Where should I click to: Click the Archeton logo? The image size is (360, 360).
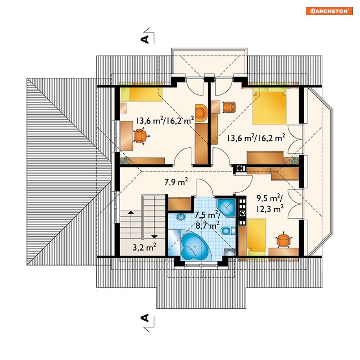click(x=329, y=11)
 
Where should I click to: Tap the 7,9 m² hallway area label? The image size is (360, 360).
click(x=176, y=182)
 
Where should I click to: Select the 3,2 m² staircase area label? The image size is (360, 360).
click(x=144, y=247)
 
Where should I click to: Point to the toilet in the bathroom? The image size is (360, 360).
click(x=228, y=230)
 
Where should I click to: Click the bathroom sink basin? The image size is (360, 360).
click(x=181, y=216)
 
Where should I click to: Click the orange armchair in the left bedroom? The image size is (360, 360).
click(x=201, y=113)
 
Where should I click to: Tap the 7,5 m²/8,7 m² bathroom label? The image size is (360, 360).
click(x=208, y=220)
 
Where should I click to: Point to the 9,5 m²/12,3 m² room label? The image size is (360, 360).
click(x=270, y=203)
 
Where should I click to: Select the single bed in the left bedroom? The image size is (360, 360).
click(x=141, y=94)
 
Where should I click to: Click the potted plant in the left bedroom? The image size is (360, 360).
click(x=125, y=160)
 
